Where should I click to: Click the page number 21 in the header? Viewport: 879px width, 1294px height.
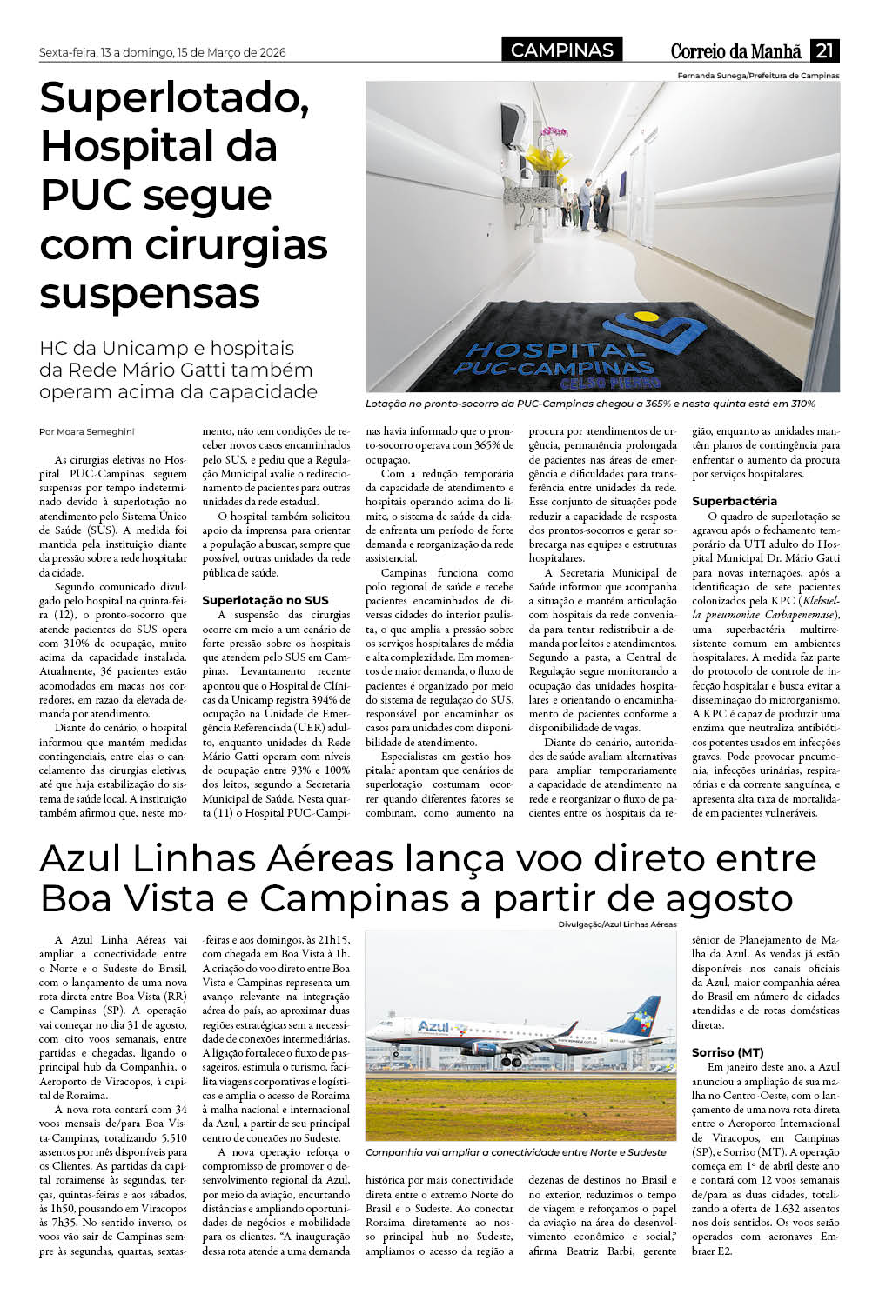click(824, 50)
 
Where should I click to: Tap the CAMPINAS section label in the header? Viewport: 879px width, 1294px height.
click(562, 50)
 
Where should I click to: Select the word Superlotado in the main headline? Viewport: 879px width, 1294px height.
click(175, 97)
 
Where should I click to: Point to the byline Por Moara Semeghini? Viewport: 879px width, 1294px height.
click(87, 431)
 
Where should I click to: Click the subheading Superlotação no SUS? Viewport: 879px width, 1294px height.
click(265, 600)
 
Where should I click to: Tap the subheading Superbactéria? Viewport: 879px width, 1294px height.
click(735, 501)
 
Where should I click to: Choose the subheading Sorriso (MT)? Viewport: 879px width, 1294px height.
click(728, 1052)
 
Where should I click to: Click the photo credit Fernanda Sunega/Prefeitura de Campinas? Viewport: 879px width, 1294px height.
click(758, 76)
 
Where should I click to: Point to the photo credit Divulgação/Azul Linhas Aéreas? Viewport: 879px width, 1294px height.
click(617, 924)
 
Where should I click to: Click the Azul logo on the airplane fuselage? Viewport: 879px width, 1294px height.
click(433, 1026)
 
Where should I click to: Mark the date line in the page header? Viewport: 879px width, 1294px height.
click(162, 52)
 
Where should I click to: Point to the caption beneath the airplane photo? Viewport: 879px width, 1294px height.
click(515, 1152)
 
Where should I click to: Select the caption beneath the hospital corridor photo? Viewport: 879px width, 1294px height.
click(590, 404)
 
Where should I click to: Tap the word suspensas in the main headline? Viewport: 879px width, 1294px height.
click(150, 293)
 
